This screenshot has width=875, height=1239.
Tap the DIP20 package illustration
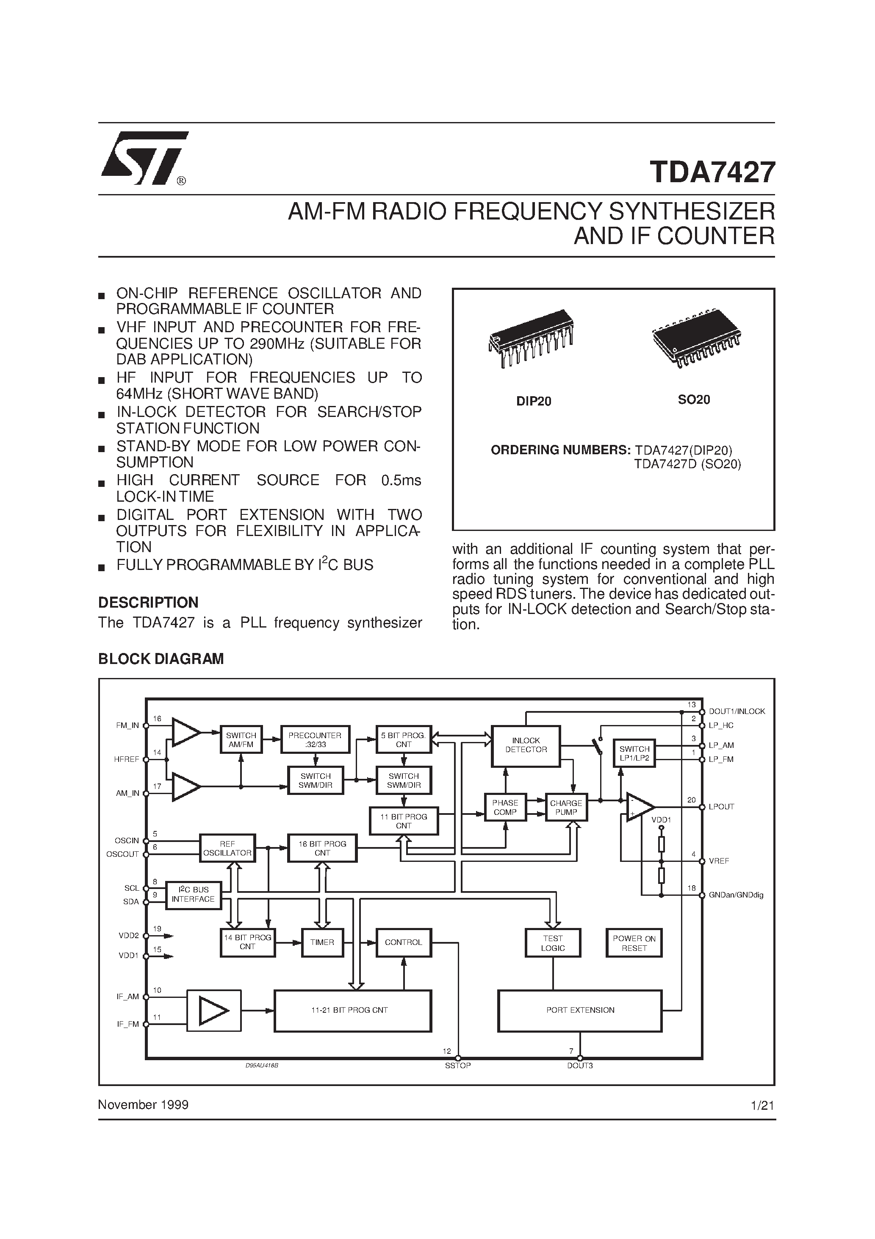pyautogui.click(x=531, y=339)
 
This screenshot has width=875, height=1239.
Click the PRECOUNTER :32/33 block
pyautogui.click(x=315, y=739)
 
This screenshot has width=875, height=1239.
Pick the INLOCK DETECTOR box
pyautogui.click(x=526, y=745)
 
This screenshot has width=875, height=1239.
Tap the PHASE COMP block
pyautogui.click(x=505, y=807)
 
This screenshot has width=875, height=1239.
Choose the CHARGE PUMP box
pyautogui.click(x=566, y=807)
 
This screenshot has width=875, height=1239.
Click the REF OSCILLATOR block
pyautogui.click(x=227, y=848)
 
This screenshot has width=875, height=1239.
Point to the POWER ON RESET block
pyautogui.click(x=634, y=943)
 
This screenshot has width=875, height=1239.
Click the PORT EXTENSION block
pyautogui.click(x=580, y=1010)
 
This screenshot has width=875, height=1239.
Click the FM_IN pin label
pyautogui.click(x=127, y=725)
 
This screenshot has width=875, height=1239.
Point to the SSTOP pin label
pyautogui.click(x=457, y=1066)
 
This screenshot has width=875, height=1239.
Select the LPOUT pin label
pyautogui.click(x=721, y=807)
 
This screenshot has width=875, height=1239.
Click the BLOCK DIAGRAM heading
pyautogui.click(x=161, y=659)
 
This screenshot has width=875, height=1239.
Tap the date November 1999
pyautogui.click(x=143, y=1105)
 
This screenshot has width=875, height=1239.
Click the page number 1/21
pyautogui.click(x=762, y=1105)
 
